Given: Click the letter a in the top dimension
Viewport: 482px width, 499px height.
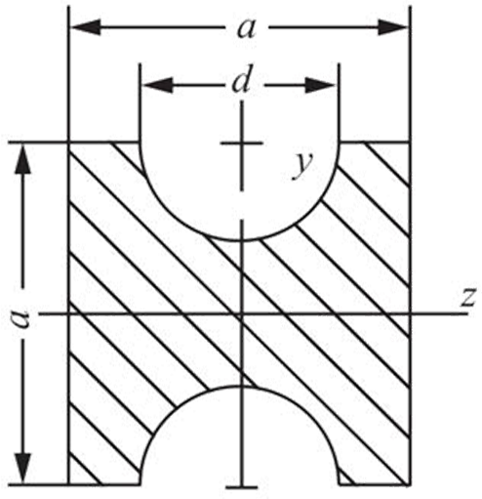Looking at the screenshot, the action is tap(246, 28).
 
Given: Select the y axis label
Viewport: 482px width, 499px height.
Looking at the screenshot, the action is tap(302, 165).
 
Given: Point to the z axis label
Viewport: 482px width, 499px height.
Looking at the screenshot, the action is tap(469, 298).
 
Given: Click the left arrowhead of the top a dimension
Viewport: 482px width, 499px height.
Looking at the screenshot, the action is tap(85, 27).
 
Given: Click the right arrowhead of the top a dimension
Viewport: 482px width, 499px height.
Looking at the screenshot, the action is tap(393, 27).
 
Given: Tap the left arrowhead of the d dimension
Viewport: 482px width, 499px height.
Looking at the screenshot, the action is tap(158, 85).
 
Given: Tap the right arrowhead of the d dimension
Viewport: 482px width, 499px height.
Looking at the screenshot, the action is tap(320, 85).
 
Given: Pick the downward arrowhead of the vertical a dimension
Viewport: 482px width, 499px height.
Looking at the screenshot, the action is tap(23, 468).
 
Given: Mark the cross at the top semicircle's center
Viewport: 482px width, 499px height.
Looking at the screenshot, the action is tap(241, 143).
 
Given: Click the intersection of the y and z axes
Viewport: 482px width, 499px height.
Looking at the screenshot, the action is tap(241, 314).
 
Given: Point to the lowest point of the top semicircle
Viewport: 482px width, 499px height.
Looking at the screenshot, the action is tap(241, 240).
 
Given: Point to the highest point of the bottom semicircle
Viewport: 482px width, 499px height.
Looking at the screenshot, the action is tap(241, 387).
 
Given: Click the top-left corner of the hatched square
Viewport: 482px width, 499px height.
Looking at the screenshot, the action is tap(69, 143).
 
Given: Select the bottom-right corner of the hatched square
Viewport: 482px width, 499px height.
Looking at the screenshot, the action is tap(410, 484).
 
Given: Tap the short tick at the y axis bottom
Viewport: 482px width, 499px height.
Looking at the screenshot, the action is tap(241, 487).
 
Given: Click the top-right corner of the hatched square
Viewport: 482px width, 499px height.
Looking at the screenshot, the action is tap(410, 143).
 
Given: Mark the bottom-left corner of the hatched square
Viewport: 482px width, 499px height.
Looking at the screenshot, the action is tap(69, 484).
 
